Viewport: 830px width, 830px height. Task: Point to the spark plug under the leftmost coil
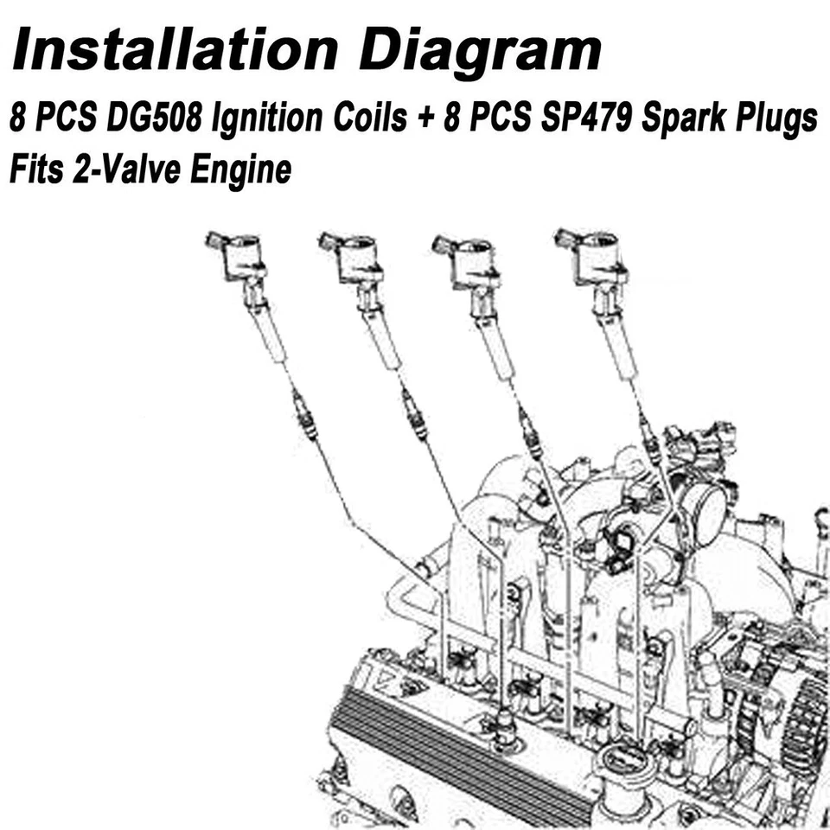(x=305, y=413)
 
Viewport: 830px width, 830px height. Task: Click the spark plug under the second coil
(x=414, y=412)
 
